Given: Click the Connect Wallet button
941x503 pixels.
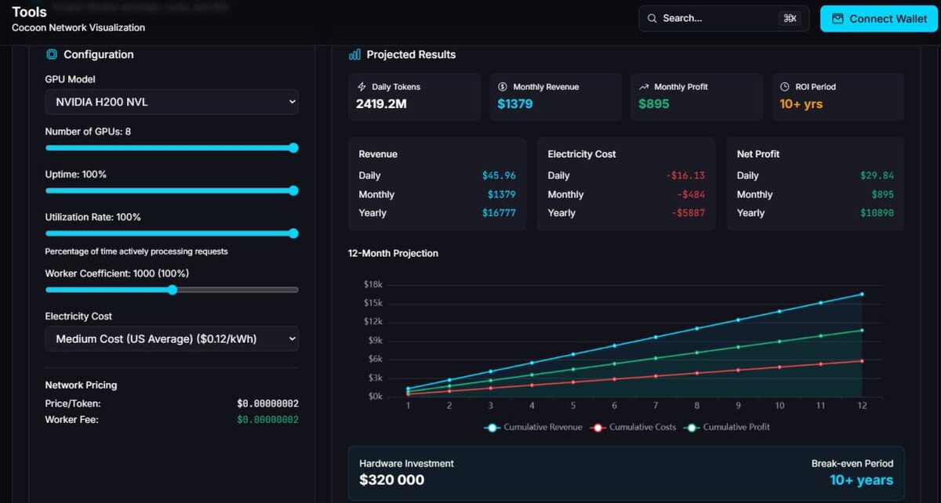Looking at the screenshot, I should pos(879,19).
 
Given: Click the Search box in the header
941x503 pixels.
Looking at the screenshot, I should pos(723,18).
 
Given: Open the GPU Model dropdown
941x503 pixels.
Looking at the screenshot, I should pos(172,102).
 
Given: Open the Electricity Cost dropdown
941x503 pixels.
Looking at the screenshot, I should pos(172,338).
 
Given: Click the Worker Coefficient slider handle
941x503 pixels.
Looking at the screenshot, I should pos(173,290).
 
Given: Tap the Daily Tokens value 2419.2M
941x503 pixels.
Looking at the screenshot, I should pos(380,103).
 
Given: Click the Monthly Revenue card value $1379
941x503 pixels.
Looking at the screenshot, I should pos(515,103).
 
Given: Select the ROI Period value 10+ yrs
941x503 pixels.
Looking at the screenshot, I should pos(801,103).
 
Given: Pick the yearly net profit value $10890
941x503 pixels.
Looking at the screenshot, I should pos(875,213).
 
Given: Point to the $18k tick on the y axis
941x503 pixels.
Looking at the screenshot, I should pos(372,284).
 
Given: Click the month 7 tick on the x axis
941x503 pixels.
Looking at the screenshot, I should pos(656,405).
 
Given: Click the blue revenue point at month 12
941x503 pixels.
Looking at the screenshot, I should pos(862,294).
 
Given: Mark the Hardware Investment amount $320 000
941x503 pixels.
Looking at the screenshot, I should pos(391,480).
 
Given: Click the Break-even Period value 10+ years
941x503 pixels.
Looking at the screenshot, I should pos(861,480).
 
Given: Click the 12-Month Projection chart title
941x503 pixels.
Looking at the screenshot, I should pos(393,253).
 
